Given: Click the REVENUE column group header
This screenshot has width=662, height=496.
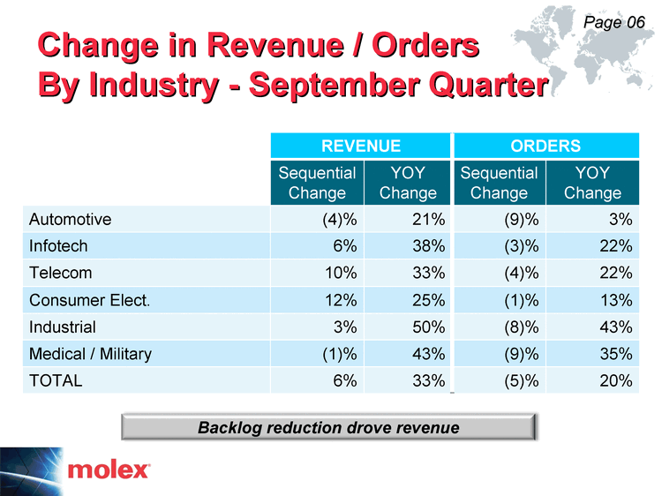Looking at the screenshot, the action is point(360,146).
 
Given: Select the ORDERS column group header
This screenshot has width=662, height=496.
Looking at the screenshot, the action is point(545,146).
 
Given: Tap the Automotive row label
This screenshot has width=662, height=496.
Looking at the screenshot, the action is point(70,220).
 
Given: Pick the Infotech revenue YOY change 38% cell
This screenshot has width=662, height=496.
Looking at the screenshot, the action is point(408,245).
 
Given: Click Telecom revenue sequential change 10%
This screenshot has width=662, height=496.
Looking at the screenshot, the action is point(317,273).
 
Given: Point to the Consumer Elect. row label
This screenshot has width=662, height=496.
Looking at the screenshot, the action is point(89,300).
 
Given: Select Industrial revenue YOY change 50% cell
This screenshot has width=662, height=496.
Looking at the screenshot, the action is point(408,327).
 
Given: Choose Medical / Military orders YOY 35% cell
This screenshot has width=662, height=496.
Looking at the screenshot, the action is point(593,353).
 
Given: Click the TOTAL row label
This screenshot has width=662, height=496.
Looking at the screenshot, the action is point(56,380).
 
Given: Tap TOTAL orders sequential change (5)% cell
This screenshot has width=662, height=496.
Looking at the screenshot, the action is point(500,380).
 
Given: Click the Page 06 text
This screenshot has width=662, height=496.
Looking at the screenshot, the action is point(613,22).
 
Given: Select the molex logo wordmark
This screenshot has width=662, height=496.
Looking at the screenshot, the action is point(109,470).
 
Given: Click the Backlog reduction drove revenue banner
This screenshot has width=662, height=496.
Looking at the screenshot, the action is point(328,427).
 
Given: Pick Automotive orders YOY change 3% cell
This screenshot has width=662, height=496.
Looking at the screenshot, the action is point(593,219).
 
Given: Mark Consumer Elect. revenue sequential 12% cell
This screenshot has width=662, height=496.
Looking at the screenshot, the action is point(317,300).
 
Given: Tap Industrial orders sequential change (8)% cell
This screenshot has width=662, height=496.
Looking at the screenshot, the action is point(500,327).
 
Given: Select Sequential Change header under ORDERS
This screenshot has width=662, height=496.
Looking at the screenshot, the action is point(500,183).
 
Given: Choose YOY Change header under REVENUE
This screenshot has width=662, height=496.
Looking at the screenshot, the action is point(408,183).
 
